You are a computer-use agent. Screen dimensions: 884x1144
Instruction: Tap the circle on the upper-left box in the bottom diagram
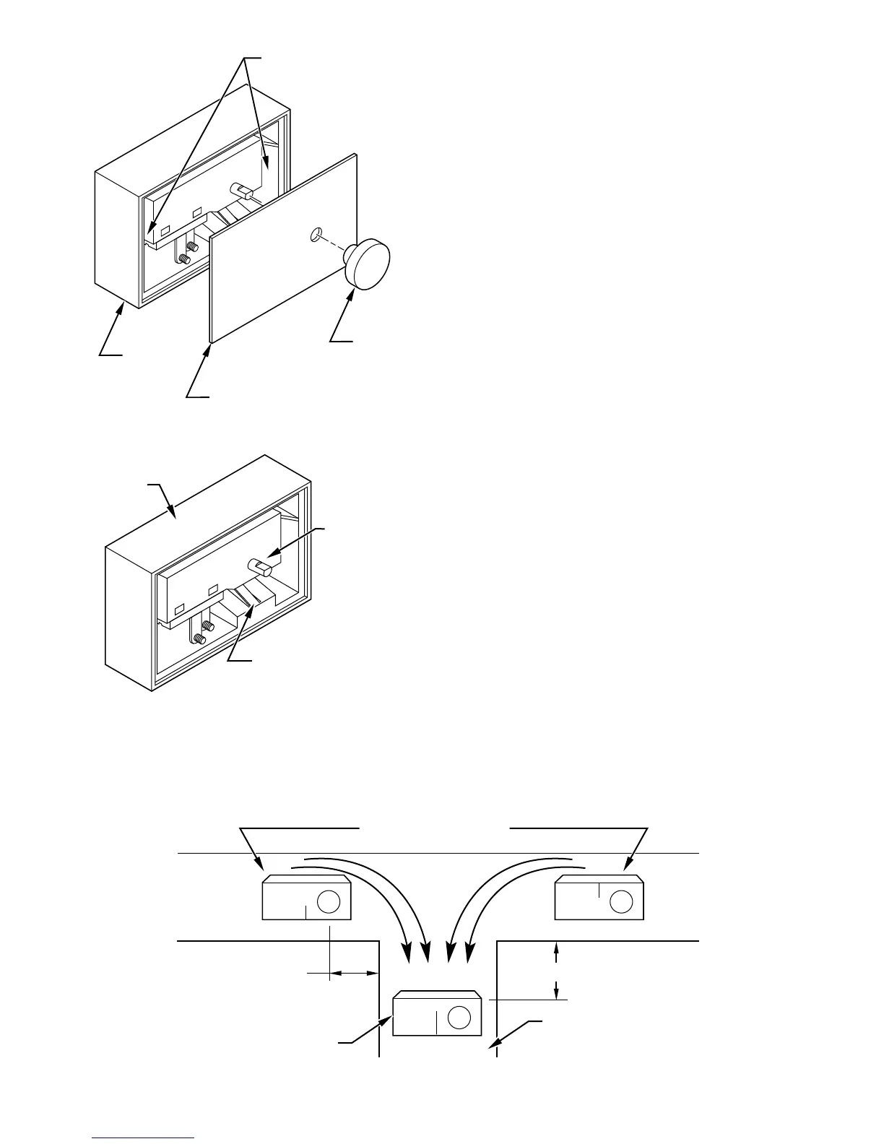(x=329, y=902)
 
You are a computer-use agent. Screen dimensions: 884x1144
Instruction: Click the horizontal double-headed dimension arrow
(x=355, y=974)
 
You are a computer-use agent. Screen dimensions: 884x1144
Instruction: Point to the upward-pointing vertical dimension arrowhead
(x=555, y=952)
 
